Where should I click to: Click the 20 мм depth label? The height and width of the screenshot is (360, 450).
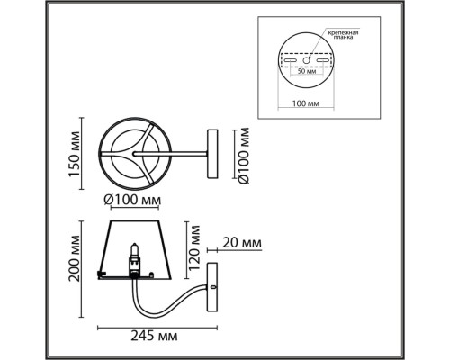(242, 243)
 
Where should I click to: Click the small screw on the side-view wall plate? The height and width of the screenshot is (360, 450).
(215, 286)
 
